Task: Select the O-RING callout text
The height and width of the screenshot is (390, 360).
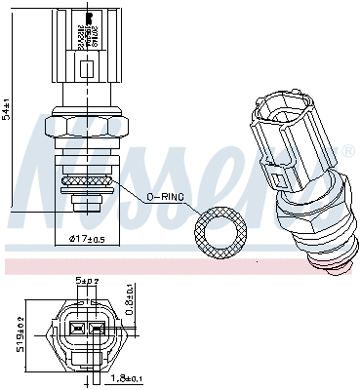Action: (165, 197)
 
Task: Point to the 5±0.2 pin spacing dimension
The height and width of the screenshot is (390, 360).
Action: (88, 282)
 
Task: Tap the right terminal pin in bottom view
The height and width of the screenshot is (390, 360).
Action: (99, 330)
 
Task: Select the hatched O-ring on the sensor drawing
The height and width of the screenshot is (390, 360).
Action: (87, 179)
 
